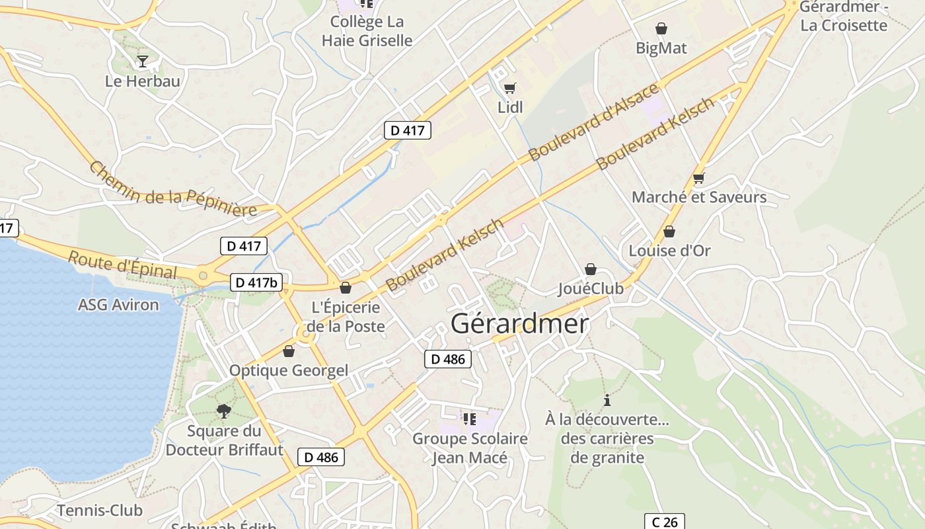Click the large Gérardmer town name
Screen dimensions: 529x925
[x=519, y=324]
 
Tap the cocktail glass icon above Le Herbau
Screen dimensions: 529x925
[x=142, y=61]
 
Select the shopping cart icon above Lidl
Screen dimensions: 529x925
[x=509, y=88]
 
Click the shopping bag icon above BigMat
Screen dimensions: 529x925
[x=661, y=28]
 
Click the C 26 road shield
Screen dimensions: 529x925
[x=664, y=522]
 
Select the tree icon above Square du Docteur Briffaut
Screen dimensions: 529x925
[x=224, y=411]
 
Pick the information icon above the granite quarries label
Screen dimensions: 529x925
[x=607, y=400]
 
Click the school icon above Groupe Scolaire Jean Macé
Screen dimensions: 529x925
[x=469, y=419]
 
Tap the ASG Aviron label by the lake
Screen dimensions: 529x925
[x=118, y=305]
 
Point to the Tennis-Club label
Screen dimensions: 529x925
[x=100, y=510]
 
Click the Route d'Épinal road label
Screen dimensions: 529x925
[x=123, y=265]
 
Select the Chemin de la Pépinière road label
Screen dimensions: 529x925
[x=172, y=189]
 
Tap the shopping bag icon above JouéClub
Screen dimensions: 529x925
[x=590, y=269]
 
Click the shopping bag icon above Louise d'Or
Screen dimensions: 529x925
[x=669, y=231]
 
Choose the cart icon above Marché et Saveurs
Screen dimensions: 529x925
[x=698, y=178]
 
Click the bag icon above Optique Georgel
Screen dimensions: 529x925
[x=288, y=351]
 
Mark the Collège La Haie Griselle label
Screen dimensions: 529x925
[x=367, y=30]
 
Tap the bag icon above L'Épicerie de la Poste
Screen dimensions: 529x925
[x=345, y=288]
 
